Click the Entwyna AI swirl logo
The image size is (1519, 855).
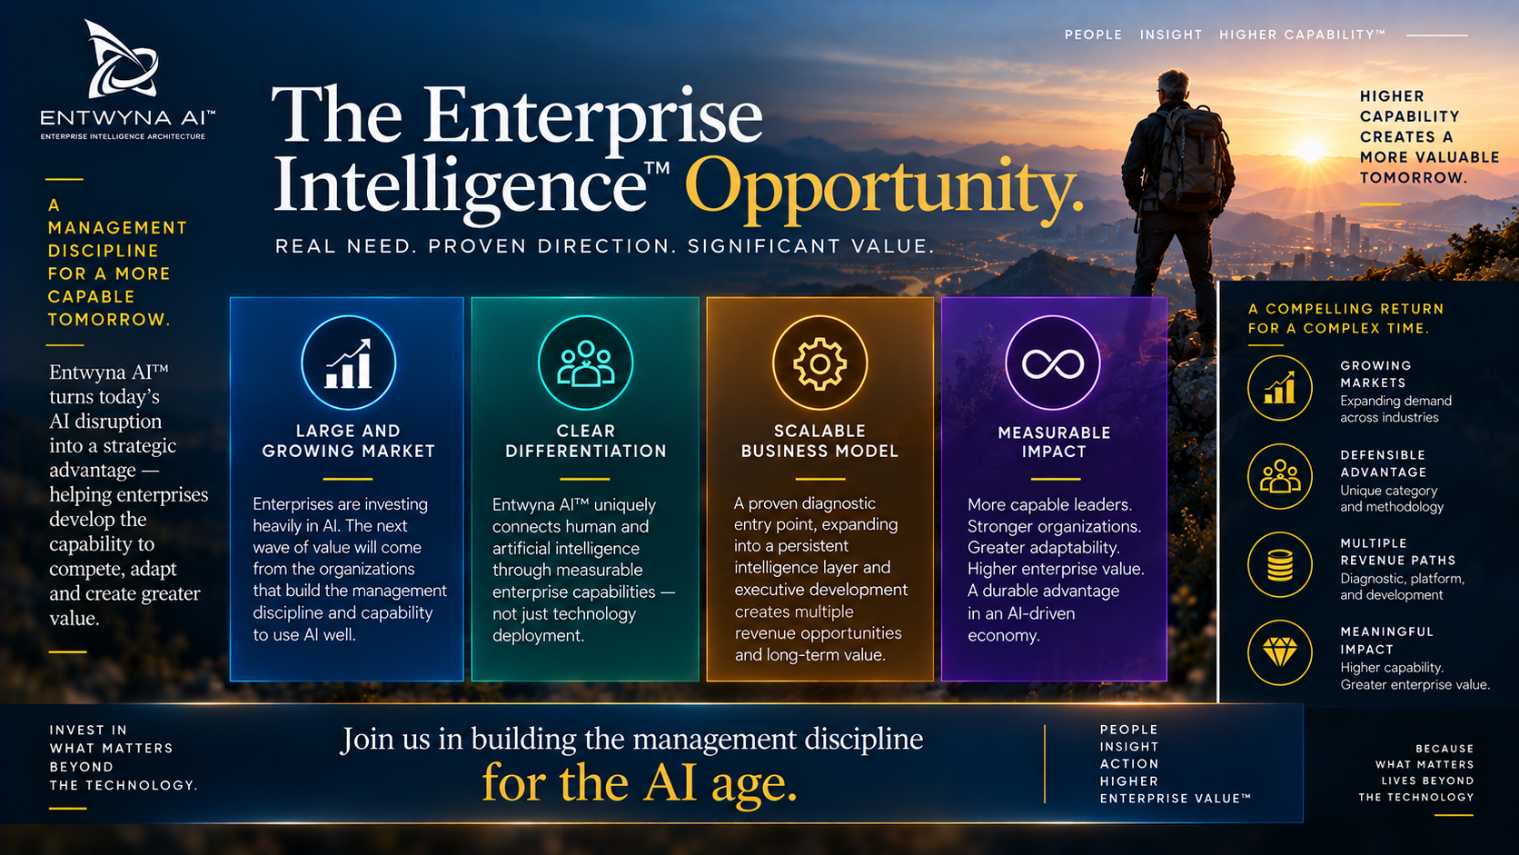click(x=122, y=61)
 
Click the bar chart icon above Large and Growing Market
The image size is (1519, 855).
click(x=349, y=363)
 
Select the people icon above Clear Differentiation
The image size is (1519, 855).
click(x=585, y=363)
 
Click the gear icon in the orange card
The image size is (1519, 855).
click(x=819, y=363)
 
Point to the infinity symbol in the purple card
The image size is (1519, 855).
click(x=1053, y=364)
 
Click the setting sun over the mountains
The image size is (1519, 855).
click(x=1310, y=149)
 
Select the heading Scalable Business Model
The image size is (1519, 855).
click(x=819, y=441)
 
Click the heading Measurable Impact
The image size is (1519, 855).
click(x=1054, y=442)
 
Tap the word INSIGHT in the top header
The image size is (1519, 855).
click(x=1170, y=35)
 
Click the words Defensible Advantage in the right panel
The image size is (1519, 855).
click(x=1384, y=463)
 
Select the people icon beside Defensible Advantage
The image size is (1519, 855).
click(x=1280, y=476)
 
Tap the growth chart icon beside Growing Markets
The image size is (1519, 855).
click(x=1280, y=388)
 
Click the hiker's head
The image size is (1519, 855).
click(x=1173, y=85)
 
